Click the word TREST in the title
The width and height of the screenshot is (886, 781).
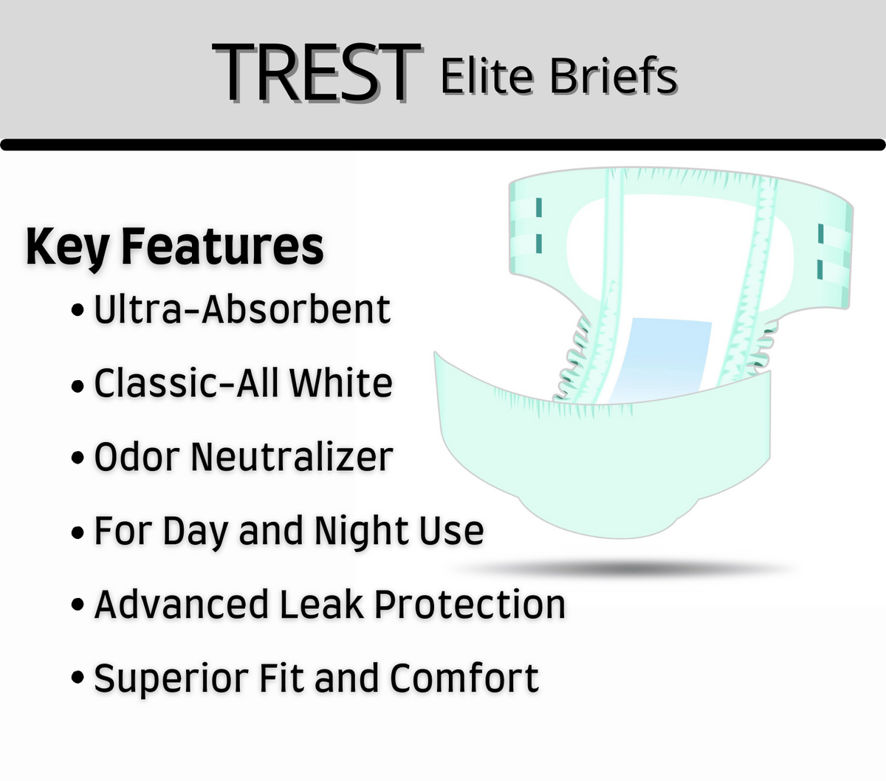click(x=316, y=72)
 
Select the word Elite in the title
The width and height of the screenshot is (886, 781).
click(x=487, y=76)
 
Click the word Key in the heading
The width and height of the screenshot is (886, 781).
click(x=67, y=247)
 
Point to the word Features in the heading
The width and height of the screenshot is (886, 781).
click(x=222, y=247)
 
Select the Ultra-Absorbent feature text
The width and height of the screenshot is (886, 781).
click(x=241, y=309)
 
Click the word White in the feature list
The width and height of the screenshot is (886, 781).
click(x=340, y=383)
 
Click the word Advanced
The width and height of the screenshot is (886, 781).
click(x=181, y=605)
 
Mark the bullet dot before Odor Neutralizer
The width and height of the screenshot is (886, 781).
click(x=78, y=458)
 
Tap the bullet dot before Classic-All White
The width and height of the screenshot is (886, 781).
click(x=78, y=385)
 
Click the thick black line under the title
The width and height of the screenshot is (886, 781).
click(x=443, y=145)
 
